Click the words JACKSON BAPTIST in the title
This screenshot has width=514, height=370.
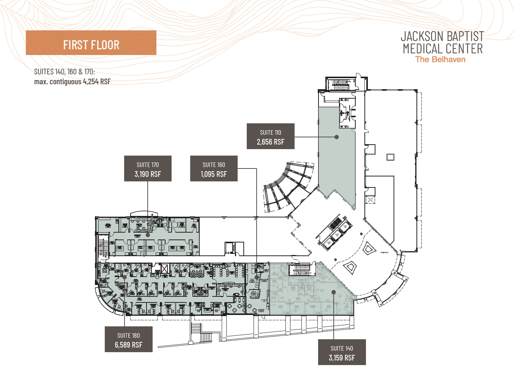click(x=442, y=36)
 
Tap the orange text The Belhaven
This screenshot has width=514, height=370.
click(x=440, y=59)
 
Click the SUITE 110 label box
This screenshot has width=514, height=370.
click(x=270, y=136)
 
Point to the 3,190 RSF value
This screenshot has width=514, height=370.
click(x=148, y=174)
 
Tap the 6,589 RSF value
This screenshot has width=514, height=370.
click(x=129, y=345)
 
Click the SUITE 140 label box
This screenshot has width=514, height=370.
click(x=342, y=352)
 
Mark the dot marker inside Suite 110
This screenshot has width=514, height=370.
click(x=336, y=137)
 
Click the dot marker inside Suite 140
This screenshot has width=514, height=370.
click(x=333, y=292)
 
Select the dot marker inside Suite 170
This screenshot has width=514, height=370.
click(x=148, y=235)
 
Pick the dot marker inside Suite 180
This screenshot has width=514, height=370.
click(x=125, y=277)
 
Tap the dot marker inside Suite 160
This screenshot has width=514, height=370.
click(x=257, y=277)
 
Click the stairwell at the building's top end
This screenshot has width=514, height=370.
click(x=341, y=84)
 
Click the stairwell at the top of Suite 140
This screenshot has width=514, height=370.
click(x=302, y=270)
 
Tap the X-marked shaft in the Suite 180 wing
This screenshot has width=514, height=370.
click(x=164, y=269)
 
